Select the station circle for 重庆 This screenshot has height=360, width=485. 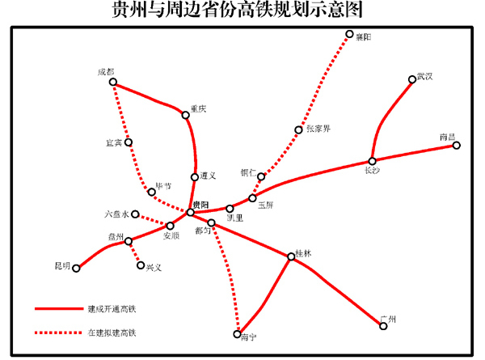(186, 115)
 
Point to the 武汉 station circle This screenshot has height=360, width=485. (412, 79)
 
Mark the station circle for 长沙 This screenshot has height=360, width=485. (373, 161)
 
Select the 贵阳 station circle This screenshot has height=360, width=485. (191, 212)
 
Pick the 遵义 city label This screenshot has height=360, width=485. (208, 176)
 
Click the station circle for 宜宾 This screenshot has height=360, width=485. (128, 143)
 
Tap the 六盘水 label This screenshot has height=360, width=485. (117, 214)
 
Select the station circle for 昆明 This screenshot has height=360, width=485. (77, 269)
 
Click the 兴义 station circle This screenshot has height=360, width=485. (141, 265)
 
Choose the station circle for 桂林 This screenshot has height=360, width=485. (291, 257)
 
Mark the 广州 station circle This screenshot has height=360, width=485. (383, 327)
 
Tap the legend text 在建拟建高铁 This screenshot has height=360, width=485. (112, 332)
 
